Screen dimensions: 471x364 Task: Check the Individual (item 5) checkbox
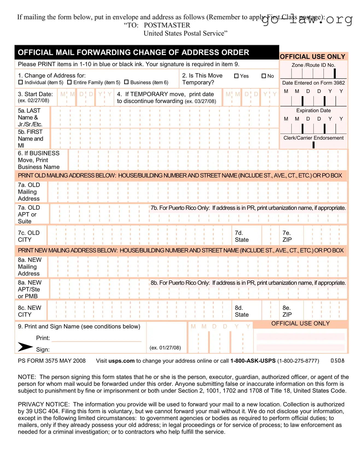coord(21,82)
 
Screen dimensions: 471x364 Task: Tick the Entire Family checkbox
coord(69,82)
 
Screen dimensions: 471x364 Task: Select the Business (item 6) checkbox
coord(126,82)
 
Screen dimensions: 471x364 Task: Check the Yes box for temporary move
coord(237,76)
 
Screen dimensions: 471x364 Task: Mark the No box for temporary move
coord(264,76)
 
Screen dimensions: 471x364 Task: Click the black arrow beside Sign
coord(25,347)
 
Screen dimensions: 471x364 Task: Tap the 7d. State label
coord(242,236)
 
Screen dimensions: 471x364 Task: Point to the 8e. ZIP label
coord(287,311)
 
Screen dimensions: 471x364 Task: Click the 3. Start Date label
coord(35,94)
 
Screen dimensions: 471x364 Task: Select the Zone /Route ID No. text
coord(313,65)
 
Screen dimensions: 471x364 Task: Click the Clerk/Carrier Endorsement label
coord(313,138)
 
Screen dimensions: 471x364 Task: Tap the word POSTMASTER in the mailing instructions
coord(167,25)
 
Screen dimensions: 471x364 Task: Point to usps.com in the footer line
coord(121,361)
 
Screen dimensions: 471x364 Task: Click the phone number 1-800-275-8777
coord(298,361)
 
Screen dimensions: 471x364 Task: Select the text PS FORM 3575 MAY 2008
coord(52,361)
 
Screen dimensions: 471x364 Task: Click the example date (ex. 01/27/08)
coord(165,348)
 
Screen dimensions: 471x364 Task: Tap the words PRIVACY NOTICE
coord(43,404)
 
